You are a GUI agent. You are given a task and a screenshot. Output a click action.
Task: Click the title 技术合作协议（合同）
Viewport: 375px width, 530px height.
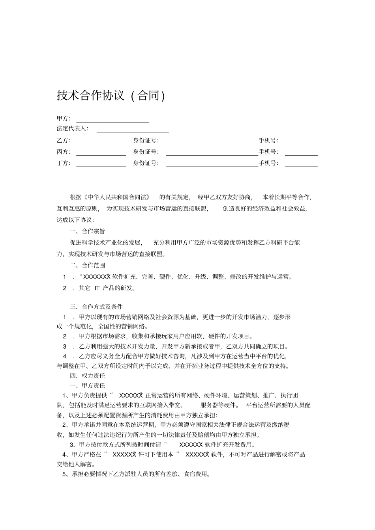[111, 96]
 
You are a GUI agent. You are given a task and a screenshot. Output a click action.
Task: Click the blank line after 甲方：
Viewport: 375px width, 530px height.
[112, 120]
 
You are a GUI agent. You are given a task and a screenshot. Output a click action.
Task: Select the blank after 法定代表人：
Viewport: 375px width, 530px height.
[133, 130]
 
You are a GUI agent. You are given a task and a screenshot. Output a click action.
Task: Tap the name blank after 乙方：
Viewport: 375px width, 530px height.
[101, 141]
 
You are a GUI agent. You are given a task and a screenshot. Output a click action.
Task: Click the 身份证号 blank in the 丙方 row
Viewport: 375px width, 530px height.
[212, 153]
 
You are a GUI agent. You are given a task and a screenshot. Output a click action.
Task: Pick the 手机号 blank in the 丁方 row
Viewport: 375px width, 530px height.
[301, 164]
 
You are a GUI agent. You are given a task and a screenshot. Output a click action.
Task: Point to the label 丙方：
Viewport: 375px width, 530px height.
[64, 152]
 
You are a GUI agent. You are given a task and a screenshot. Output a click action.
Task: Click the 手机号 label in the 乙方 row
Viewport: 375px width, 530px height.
[269, 141]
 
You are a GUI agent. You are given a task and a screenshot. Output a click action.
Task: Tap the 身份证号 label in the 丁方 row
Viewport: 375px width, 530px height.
[146, 164]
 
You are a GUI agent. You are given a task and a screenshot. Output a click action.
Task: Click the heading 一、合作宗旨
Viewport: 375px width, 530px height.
[88, 231]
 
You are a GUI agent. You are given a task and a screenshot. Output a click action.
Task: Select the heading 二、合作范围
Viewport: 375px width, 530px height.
[88, 265]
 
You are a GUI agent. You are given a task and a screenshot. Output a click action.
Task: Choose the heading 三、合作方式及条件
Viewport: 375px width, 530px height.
[96, 307]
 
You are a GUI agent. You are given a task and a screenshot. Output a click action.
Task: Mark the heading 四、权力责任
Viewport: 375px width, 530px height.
[88, 376]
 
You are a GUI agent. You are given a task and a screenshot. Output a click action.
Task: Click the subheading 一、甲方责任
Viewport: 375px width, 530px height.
[88, 385]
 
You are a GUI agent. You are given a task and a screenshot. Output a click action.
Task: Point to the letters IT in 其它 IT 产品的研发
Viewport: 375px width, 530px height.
[97, 288]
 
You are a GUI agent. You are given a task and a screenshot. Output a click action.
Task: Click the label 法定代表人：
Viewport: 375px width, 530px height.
[73, 128]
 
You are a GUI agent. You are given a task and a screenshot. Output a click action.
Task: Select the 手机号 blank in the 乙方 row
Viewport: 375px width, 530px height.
[301, 141]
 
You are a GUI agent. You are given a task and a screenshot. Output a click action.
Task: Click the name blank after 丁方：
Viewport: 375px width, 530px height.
[101, 164]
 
